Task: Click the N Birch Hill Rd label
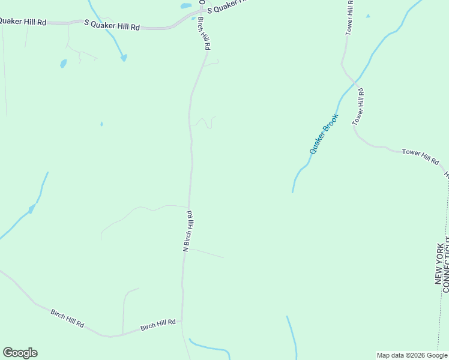coord(187,230)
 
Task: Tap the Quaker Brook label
coord(325,134)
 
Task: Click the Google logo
coord(20,353)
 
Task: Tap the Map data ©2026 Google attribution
coord(411,355)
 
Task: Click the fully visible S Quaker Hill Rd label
coord(112,27)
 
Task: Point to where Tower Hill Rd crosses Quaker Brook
coord(355,80)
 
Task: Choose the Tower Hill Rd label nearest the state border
coord(420,157)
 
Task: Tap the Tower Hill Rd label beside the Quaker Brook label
coord(358,106)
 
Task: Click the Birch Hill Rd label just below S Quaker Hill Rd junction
coord(204,34)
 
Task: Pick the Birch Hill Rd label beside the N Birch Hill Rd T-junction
coord(158,325)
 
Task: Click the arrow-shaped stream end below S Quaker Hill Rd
coord(124,58)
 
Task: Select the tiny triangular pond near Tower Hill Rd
coord(368,16)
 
